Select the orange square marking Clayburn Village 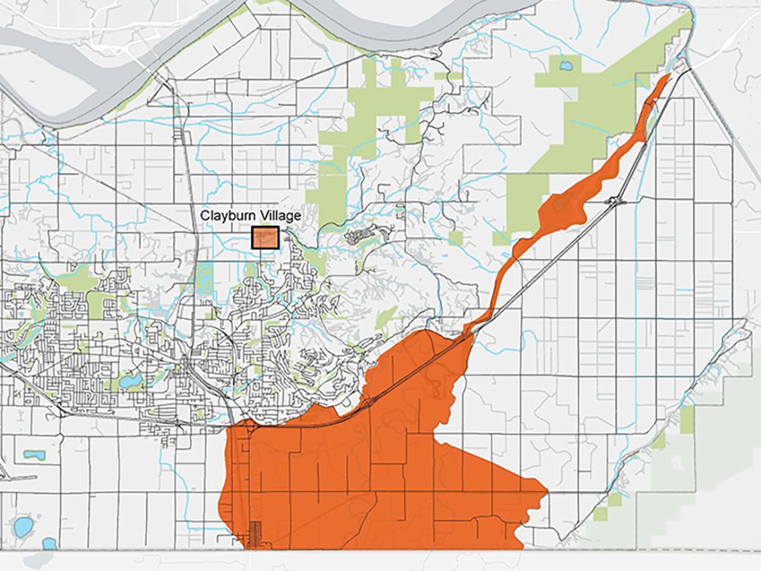click(x=266, y=238)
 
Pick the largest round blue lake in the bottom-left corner click(x=23, y=526)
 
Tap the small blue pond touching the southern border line click(x=49, y=544)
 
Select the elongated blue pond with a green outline click(x=33, y=455)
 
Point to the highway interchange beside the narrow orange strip click(x=613, y=201)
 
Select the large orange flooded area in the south click(x=380, y=472)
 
